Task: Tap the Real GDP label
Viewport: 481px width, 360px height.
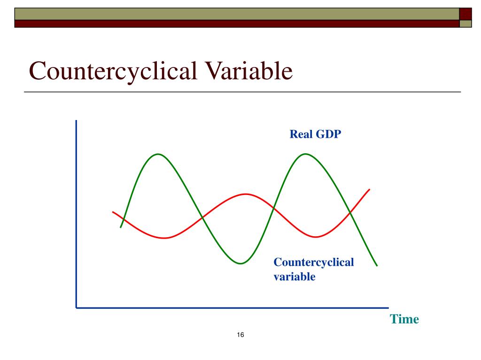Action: coord(315,135)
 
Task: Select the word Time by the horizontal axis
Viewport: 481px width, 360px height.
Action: coord(404,319)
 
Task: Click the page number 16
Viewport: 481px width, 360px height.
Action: coord(240,335)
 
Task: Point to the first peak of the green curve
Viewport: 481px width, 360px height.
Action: coord(158,154)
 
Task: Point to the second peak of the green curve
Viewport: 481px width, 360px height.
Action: coord(305,154)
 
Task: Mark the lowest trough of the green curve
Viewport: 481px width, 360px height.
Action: coord(240,263)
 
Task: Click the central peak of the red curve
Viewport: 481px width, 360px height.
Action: coord(244,194)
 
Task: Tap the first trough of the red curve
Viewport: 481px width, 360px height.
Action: coord(164,238)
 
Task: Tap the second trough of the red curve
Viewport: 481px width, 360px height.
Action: coord(316,237)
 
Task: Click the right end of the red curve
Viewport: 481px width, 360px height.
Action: coord(369,189)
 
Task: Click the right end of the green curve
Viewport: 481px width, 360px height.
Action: coord(377,265)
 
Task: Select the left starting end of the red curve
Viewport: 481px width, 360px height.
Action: coord(113,212)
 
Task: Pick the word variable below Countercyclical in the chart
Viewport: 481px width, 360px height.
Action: coord(294,277)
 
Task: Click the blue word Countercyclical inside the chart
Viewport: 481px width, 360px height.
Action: coord(313,262)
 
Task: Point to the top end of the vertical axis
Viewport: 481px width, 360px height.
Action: coord(76,121)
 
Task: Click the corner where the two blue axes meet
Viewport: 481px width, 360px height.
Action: coord(76,307)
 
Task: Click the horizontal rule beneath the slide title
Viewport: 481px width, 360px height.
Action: coord(242,92)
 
